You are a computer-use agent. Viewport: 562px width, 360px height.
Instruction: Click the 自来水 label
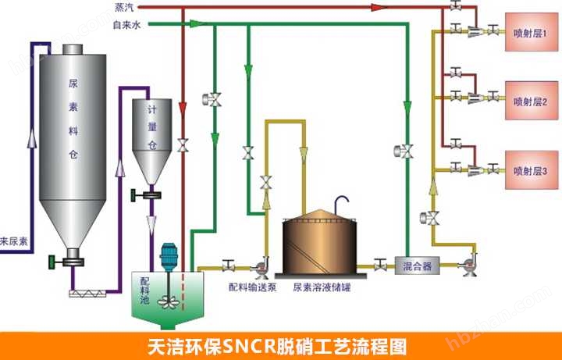click(x=126, y=25)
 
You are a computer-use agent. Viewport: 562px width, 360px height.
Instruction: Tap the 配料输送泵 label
click(x=250, y=286)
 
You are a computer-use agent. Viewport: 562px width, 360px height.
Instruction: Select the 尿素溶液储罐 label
click(x=320, y=286)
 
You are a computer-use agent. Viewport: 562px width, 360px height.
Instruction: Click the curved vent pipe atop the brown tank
click(x=339, y=201)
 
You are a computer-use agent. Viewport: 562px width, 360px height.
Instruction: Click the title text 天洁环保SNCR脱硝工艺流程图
click(x=280, y=345)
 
